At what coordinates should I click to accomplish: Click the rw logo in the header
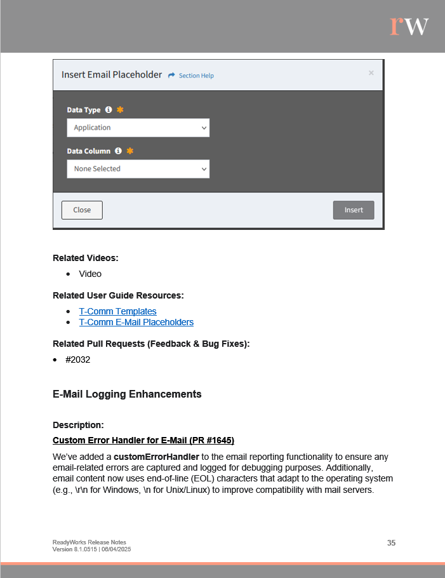click(x=409, y=25)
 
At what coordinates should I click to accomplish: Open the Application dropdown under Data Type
click(x=138, y=128)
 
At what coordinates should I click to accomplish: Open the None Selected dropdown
click(x=138, y=169)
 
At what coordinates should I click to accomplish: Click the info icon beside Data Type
click(x=109, y=110)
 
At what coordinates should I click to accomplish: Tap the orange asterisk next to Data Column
click(x=130, y=151)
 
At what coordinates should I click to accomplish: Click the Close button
click(x=82, y=210)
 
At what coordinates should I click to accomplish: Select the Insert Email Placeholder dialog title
click(x=112, y=74)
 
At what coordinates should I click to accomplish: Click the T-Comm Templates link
click(x=117, y=311)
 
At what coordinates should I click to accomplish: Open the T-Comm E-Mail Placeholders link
click(x=136, y=322)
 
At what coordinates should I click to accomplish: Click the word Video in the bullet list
click(x=90, y=274)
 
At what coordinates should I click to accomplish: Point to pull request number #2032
click(x=77, y=360)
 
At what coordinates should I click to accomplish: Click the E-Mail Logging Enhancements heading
click(x=127, y=394)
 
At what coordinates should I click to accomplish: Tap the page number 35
click(x=391, y=542)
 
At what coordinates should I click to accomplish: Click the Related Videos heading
click(x=86, y=258)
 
